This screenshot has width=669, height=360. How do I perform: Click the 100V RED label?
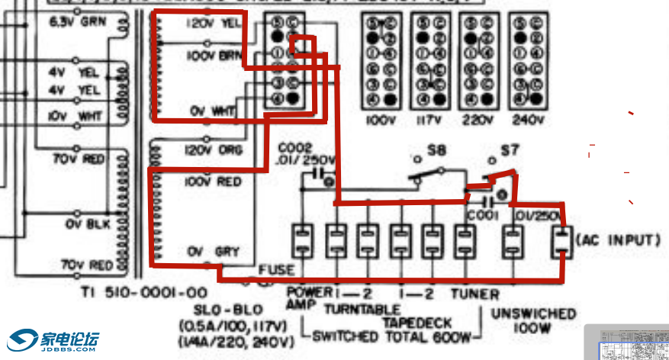213,182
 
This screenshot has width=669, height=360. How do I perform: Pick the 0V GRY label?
213,251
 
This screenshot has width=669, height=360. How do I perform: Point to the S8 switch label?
436,150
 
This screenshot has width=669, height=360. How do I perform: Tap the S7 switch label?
510,150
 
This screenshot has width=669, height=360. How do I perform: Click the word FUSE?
275,269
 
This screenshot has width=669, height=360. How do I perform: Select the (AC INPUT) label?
618,240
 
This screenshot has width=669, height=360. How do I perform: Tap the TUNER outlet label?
474,294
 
